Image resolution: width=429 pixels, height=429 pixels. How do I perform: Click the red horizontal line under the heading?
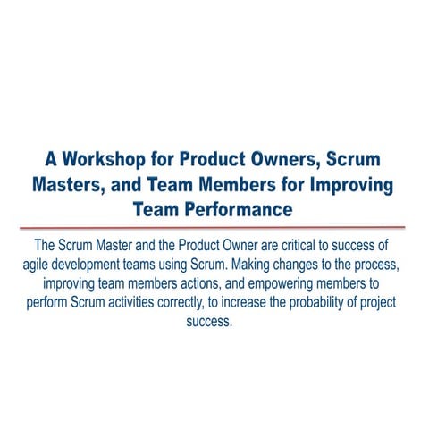[x=214, y=228]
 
